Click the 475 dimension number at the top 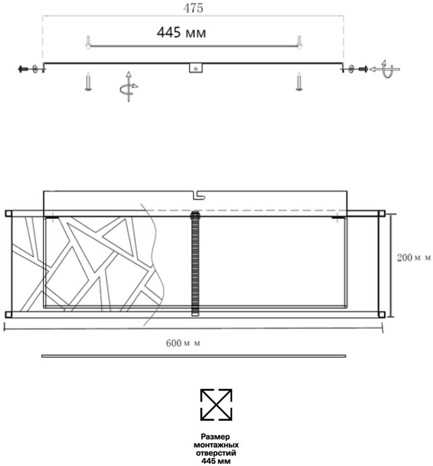click(x=193, y=8)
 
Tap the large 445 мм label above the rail click(x=181, y=33)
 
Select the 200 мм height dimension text click(x=414, y=257)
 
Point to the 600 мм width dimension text click(x=183, y=343)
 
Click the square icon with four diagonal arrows click(x=216, y=405)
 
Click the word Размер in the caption click(x=216, y=437)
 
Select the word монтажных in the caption click(x=216, y=445)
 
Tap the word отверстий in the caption click(x=216, y=453)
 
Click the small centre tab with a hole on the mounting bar click(x=196, y=68)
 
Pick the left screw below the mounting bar click(x=88, y=81)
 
